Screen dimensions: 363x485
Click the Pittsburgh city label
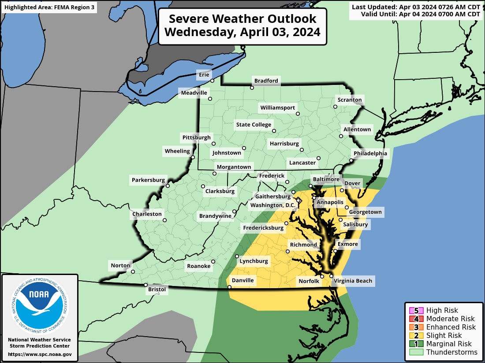pos(197,138)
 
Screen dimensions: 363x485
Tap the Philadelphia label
pos(370,153)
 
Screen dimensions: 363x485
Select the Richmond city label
pos(303,245)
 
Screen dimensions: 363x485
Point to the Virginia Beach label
pos(353,281)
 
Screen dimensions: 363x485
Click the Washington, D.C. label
pos(272,205)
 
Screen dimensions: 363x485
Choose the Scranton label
pos(349,100)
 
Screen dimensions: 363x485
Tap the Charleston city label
pos(147,214)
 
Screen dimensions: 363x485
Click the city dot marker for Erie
pos(212,81)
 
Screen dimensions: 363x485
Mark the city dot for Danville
pos(229,287)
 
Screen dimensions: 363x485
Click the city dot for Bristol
pos(146,285)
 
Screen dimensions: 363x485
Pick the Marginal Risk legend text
pos(449,344)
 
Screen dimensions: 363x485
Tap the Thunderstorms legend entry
pos(443,352)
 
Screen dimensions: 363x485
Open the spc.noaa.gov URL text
pos(39,354)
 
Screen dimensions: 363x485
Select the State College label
pos(254,125)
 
